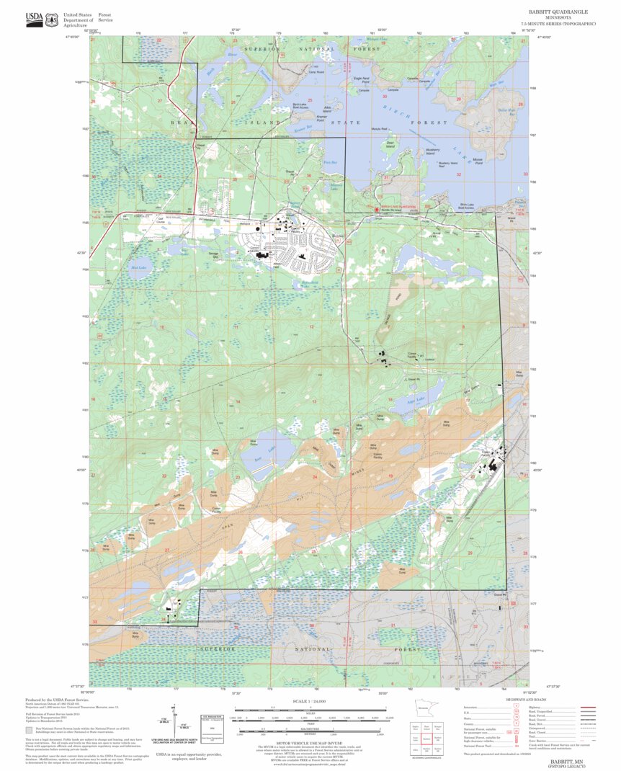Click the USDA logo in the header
click(x=33, y=19)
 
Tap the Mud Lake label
click(x=138, y=267)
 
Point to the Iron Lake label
click(x=261, y=451)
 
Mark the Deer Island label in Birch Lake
click(x=390, y=144)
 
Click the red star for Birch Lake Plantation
click(x=375, y=210)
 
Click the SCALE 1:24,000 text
click(x=310, y=700)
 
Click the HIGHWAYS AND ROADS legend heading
click(x=504, y=700)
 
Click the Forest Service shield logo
click(x=51, y=19)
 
